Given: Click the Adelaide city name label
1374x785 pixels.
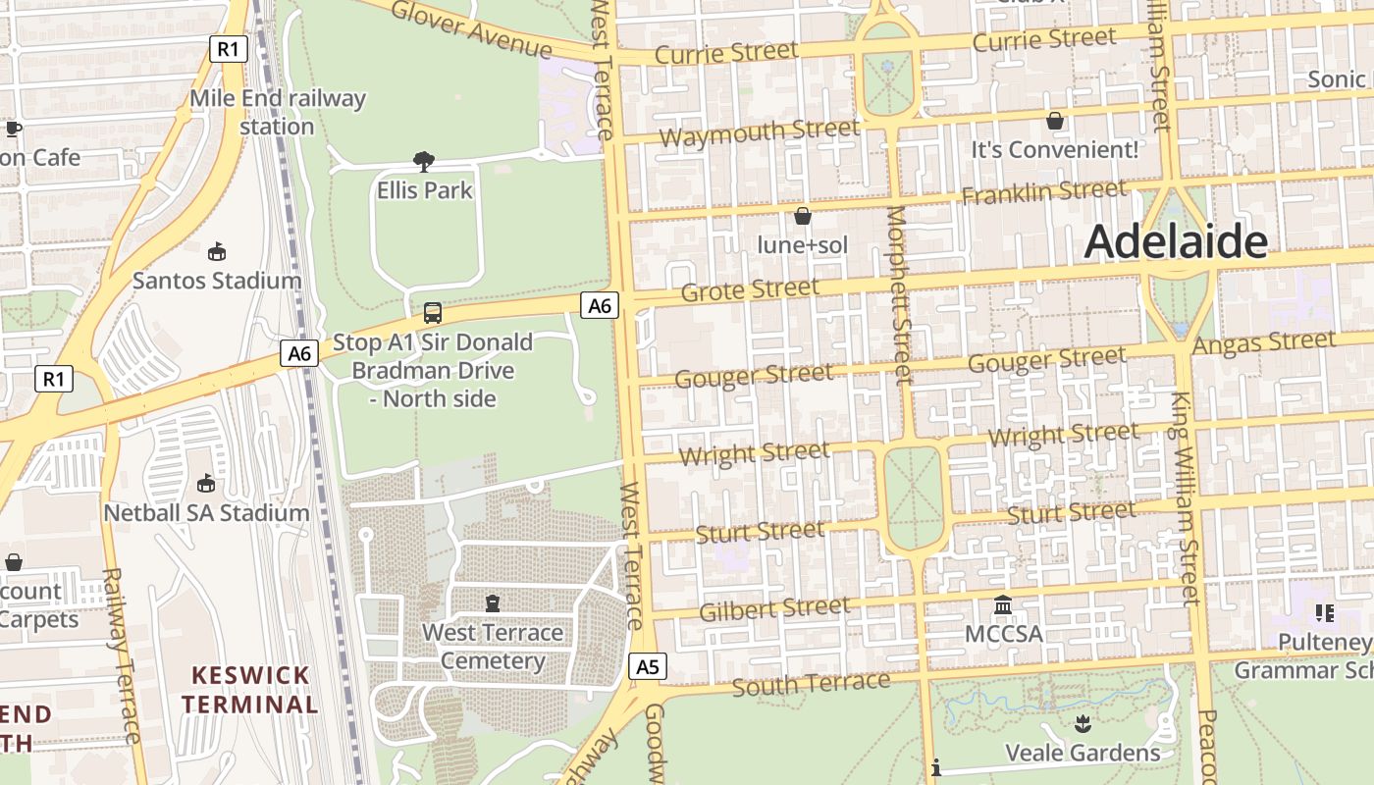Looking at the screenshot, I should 1176,241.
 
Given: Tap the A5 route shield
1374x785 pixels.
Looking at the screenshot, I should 648,667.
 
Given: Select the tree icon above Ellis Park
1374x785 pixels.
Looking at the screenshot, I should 424,162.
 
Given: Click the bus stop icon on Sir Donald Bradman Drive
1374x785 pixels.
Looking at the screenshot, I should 432,313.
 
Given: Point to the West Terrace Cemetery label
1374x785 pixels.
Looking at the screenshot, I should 493,647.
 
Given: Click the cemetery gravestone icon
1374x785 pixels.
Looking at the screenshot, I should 493,602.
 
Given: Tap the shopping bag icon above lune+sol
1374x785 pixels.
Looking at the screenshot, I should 803,216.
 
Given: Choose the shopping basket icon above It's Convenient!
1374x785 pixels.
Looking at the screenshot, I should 1055,121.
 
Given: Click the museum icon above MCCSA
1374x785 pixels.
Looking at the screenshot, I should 1003,604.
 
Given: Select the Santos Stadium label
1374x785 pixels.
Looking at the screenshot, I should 217,281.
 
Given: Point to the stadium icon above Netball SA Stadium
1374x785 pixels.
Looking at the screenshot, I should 206,483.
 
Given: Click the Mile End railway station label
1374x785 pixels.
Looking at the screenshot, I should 277,112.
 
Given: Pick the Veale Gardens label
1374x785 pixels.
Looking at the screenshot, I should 1083,754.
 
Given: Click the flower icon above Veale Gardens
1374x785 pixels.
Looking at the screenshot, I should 1082,724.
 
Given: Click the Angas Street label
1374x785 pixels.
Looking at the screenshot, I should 1263,343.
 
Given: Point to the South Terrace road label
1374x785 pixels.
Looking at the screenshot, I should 811,683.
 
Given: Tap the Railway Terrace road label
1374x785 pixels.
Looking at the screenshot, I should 122,655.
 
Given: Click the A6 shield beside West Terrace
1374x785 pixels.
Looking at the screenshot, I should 600,306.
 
